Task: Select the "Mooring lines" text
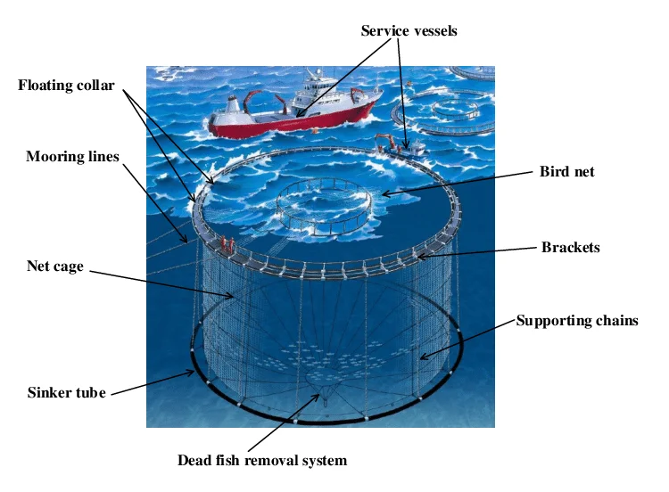pos(72,157)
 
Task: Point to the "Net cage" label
pos(54,266)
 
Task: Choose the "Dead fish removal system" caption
pos(261,461)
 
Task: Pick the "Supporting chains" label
pos(577,321)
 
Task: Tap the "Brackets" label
pos(570,247)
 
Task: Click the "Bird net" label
pos(566,171)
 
